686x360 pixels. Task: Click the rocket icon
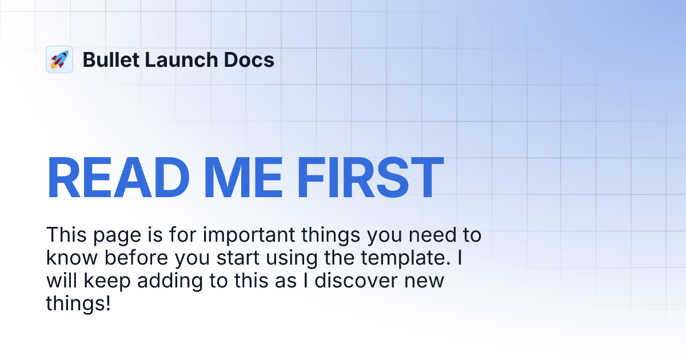pyautogui.click(x=59, y=59)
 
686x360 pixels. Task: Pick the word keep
pyautogui.click(x=98, y=281)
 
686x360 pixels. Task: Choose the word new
pyautogui.click(x=425, y=281)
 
